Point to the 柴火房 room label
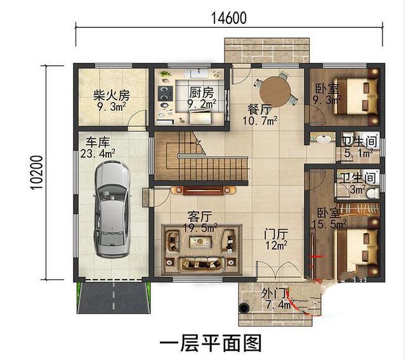[112, 95]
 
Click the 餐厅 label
[259, 108]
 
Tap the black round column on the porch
[242, 308]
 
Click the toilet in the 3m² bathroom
[375, 191]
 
